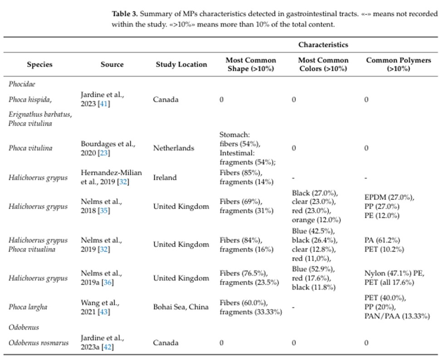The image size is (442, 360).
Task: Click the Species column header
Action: click(39, 64)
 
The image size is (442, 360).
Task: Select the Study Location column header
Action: click(181, 64)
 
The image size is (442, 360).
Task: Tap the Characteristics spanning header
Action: click(323, 45)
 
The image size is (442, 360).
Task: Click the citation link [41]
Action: click(104, 104)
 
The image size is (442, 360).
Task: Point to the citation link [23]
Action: click(104, 153)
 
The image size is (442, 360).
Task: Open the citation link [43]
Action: click(104, 312)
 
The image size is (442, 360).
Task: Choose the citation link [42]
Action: click(108, 347)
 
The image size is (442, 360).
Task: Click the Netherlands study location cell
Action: click(174, 148)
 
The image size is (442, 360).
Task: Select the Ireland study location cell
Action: click(165, 178)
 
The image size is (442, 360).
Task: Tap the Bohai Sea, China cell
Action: click(181, 307)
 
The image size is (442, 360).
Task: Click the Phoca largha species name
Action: click(28, 307)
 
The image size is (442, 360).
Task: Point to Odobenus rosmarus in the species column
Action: click(39, 343)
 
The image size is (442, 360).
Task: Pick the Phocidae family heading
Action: click(22, 84)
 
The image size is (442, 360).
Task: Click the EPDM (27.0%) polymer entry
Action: click(389, 197)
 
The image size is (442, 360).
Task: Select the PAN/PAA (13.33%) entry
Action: click(397, 316)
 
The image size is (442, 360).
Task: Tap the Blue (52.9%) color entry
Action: click(314, 269)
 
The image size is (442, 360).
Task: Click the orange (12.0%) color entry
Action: click(316, 220)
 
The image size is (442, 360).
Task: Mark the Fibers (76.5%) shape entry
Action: click(244, 273)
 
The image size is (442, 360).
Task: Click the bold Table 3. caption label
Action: click(125, 14)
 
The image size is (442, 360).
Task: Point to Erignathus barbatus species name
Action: click(40, 114)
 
